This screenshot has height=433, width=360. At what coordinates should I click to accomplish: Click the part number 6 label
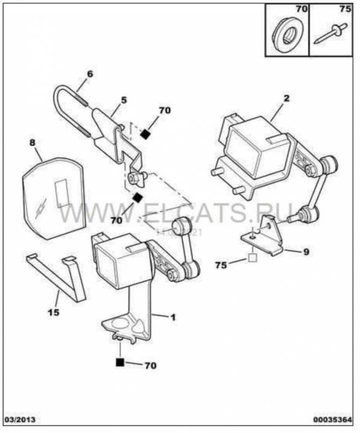click(90, 75)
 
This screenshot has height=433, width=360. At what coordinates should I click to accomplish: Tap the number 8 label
click(33, 144)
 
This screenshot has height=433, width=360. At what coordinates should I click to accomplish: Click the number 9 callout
click(306, 252)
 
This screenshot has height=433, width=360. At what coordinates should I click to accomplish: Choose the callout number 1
click(172, 316)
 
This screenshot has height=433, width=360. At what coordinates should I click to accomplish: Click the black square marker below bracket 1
click(120, 362)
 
